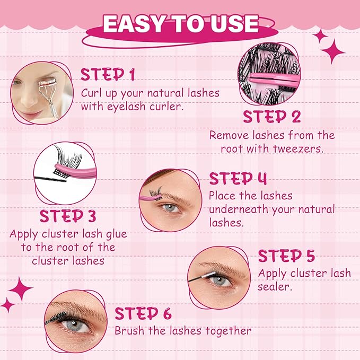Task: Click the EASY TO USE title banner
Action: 180,24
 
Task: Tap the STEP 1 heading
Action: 108,74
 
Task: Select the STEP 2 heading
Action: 271,116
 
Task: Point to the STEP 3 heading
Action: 69,216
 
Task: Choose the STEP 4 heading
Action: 238,178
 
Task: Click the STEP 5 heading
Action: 286,256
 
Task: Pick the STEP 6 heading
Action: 143,313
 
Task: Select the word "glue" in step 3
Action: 115,234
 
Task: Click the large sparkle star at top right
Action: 333,52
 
